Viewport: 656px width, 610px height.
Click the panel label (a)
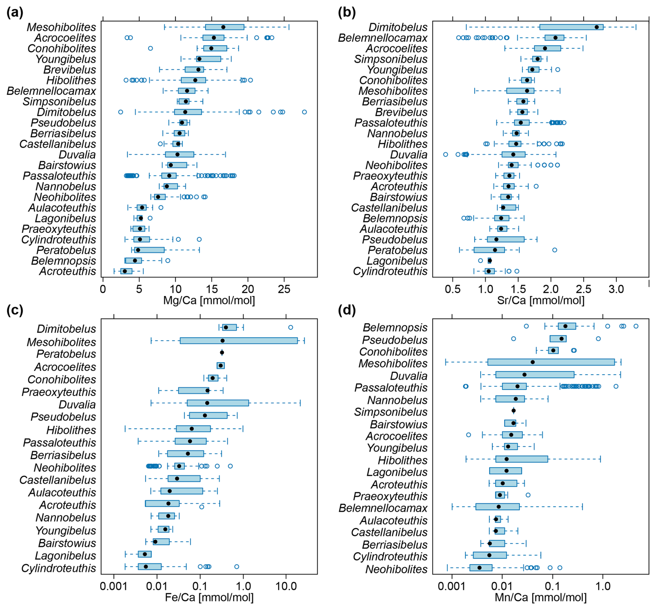(15, 13)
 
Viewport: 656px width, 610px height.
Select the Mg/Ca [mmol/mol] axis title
(209, 300)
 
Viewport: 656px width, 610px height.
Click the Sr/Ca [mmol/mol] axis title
(541, 300)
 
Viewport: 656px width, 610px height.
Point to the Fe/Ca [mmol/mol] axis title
(209, 597)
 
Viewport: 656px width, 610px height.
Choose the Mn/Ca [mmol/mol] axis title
(541, 597)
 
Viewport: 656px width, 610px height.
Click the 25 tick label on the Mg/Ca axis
(284, 289)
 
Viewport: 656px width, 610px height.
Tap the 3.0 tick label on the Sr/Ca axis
(616, 289)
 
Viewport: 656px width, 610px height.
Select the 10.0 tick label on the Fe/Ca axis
(286, 586)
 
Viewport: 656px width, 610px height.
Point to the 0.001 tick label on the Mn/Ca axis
(452, 586)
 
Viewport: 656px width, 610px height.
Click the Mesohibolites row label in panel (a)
(61, 27)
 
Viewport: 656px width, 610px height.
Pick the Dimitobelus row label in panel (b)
(398, 27)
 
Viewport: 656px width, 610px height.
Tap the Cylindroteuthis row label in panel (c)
(59, 568)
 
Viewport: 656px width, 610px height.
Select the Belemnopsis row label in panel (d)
(395, 327)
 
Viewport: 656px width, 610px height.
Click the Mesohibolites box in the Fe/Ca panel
(239, 341)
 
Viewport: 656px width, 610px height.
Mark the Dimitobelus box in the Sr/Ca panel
(571, 27)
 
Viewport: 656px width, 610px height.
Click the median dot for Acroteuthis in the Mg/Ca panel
(125, 271)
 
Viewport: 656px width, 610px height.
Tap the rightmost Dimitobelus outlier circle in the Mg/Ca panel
(304, 112)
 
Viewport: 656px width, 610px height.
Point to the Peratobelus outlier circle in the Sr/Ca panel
(554, 250)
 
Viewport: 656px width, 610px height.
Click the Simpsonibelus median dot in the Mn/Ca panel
(513, 411)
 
